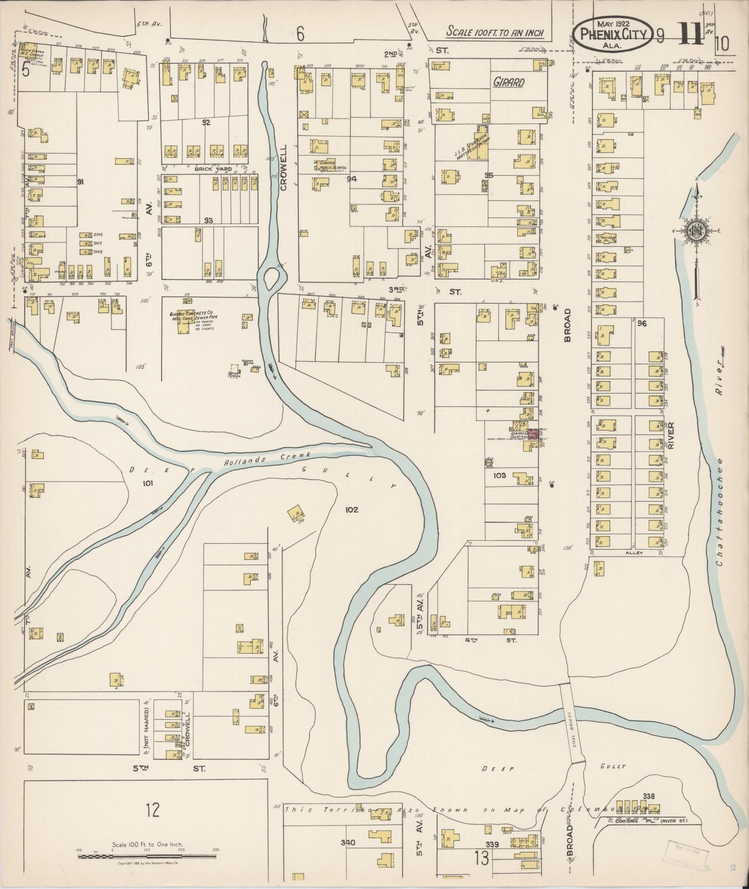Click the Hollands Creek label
click(267, 459)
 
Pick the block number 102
click(351, 509)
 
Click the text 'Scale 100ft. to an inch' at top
click(494, 32)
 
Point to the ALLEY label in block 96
click(634, 553)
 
